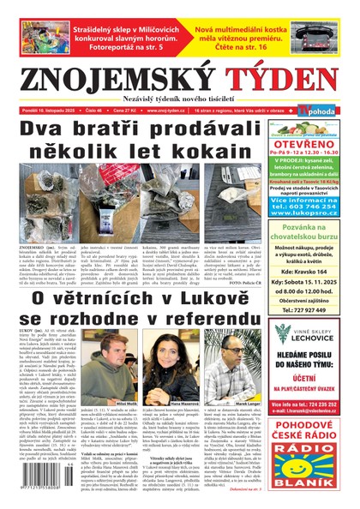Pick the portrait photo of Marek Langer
(x=233, y=378)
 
